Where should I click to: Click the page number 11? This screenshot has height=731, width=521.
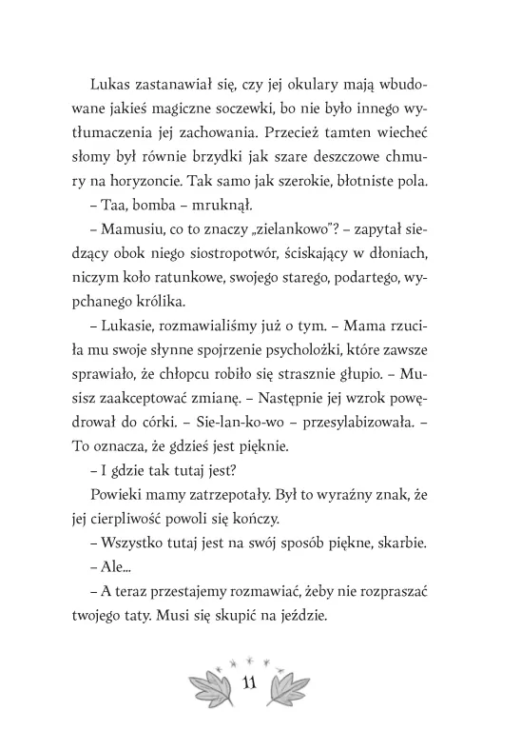249,682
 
